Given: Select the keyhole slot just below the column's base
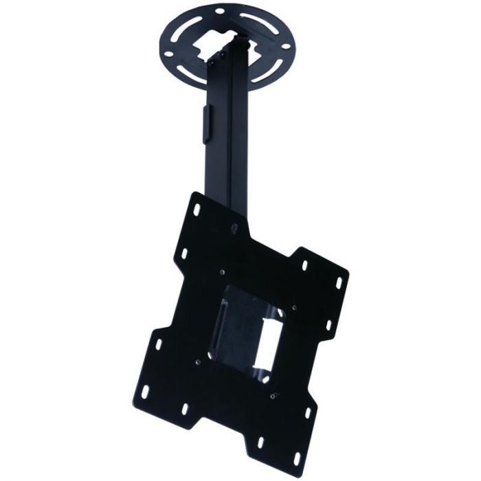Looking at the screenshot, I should pyautogui.click(x=234, y=227).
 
